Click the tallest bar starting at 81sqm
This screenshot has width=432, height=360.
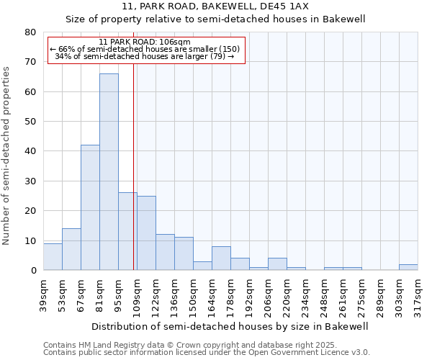tap(109, 172)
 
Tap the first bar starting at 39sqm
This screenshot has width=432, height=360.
tap(53, 257)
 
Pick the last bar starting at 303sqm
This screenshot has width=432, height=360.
tap(408, 267)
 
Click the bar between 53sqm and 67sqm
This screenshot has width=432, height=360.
tap(71, 249)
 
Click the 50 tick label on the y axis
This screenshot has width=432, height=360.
tap(31, 122)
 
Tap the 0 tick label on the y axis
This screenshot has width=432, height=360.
tap(33, 271)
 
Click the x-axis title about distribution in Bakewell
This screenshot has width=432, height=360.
tap(230, 326)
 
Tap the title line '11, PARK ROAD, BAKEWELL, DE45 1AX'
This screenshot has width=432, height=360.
tap(215, 6)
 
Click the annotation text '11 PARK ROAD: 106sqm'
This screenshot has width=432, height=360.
tap(145, 42)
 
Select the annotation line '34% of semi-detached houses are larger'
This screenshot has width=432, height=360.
tap(145, 56)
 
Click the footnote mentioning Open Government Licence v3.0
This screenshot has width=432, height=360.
tap(207, 353)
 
